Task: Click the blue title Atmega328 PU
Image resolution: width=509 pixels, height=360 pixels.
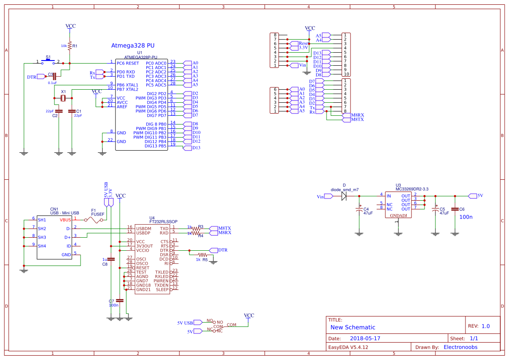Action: (x=133, y=45)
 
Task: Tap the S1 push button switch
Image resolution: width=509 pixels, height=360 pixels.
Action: (x=48, y=61)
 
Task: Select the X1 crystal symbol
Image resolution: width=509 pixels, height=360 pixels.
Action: (x=63, y=98)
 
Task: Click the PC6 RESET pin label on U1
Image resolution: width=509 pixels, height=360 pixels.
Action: (x=128, y=63)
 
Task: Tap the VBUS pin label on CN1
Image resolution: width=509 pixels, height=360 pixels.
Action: (x=65, y=219)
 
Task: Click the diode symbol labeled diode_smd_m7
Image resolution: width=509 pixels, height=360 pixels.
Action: (x=344, y=196)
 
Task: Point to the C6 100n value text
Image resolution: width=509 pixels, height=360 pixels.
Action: (x=465, y=216)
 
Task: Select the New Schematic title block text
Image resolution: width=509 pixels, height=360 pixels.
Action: (x=353, y=327)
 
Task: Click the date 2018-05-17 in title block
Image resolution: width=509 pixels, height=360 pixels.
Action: (x=365, y=338)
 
